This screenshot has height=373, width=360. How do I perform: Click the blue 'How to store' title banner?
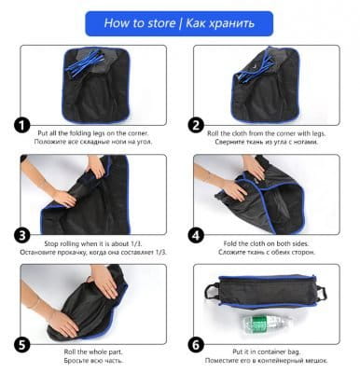click(x=179, y=23)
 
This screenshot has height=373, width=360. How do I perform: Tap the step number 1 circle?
click(x=22, y=126)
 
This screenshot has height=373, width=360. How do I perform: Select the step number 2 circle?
click(x=196, y=126)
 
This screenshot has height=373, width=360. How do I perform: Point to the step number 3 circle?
click(x=22, y=236)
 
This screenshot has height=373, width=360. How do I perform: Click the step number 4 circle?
click(x=196, y=236)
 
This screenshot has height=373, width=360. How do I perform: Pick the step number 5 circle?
click(x=22, y=345)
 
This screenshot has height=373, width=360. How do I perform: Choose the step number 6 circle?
click(x=196, y=345)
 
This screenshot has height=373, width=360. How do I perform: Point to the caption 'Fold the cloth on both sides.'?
click(x=266, y=243)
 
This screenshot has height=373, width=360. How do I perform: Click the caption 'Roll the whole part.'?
click(x=93, y=352)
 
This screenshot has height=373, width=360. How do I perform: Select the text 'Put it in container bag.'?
click(x=267, y=352)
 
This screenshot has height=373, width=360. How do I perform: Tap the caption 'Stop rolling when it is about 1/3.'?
click(x=93, y=243)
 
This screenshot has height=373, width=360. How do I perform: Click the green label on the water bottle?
click(x=259, y=325)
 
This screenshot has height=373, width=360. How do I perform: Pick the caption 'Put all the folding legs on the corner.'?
click(x=93, y=133)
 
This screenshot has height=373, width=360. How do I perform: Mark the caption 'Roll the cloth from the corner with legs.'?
click(x=267, y=133)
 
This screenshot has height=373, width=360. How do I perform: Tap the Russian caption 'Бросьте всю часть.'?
click(x=93, y=361)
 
